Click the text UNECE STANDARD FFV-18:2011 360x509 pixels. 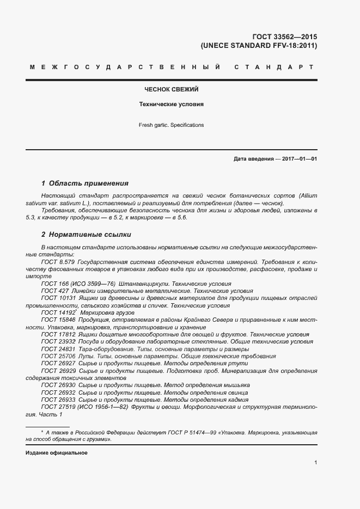click(259, 46)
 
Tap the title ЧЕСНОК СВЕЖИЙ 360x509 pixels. click(171, 88)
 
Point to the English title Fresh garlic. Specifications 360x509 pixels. click(171, 125)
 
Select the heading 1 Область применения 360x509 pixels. click(85, 183)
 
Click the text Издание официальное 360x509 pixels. click(56, 453)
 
